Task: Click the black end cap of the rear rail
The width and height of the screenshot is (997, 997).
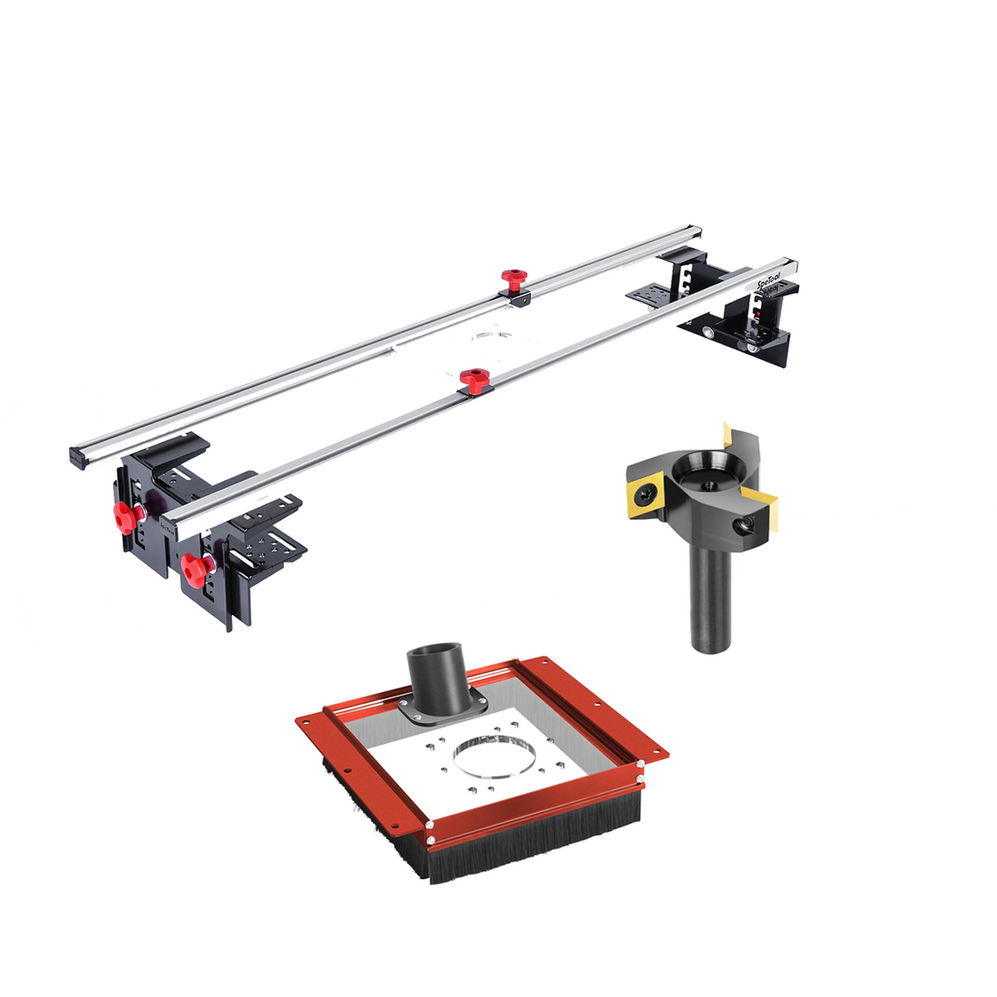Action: pos(77,458)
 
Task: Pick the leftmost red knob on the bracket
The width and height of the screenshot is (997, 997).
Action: pos(125,518)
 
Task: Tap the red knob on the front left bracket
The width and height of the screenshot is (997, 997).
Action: pos(195,569)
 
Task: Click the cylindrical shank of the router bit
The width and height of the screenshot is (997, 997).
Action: pos(710,598)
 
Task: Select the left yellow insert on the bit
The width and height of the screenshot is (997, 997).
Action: pos(644,494)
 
